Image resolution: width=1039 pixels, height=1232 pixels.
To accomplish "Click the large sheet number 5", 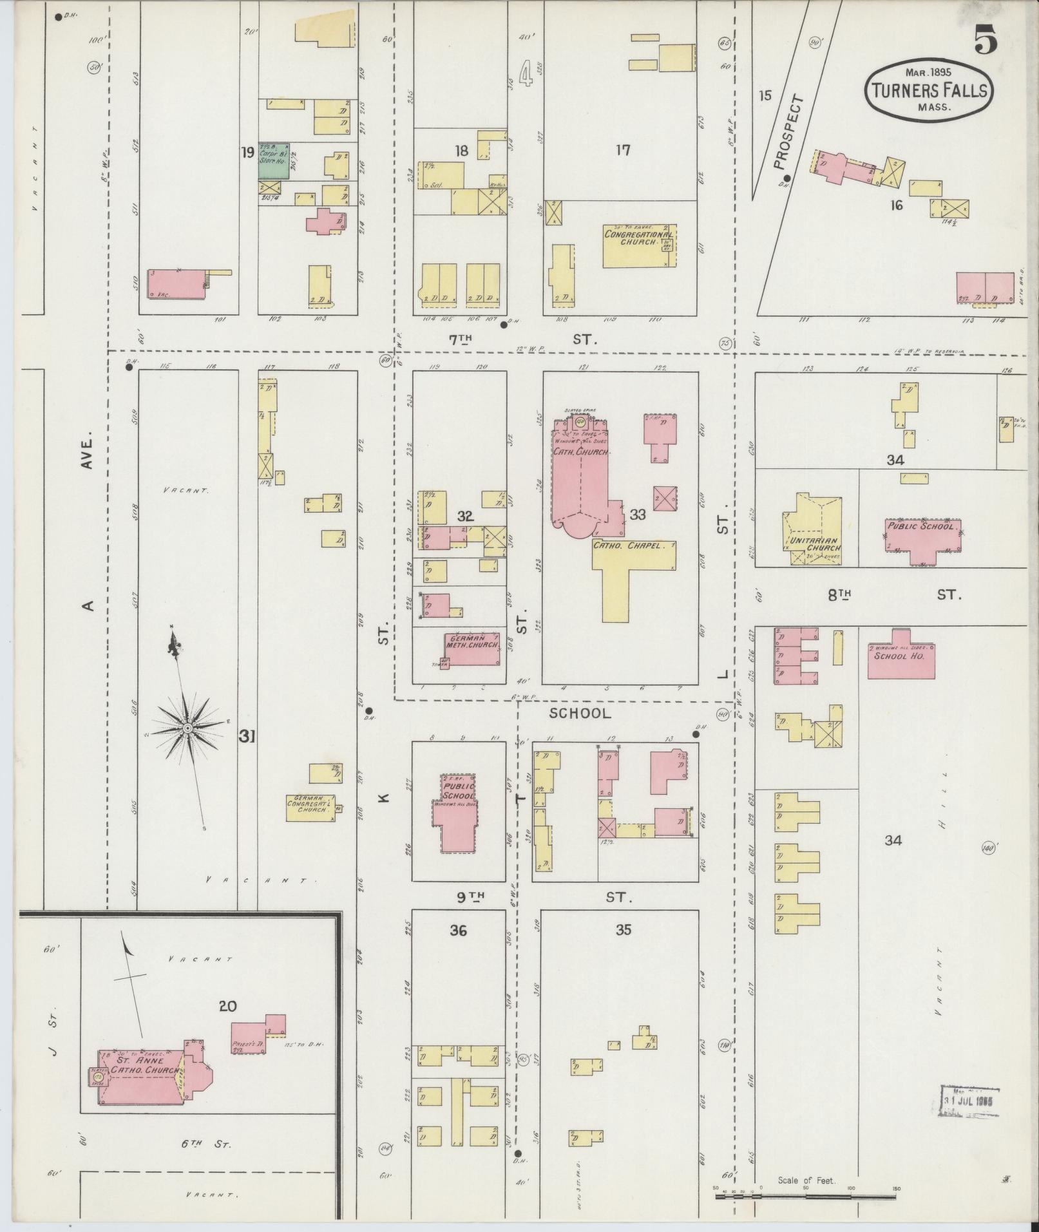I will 985,41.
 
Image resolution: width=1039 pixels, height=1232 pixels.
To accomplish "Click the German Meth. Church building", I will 472,650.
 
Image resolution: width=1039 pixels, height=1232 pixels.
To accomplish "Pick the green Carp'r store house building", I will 274,161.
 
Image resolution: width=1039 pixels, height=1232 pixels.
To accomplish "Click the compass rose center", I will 187,728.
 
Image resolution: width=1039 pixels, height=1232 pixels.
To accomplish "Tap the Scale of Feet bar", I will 805,1196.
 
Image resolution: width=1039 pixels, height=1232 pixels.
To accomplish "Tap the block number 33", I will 638,515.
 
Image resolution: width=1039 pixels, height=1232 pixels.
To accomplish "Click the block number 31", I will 247,736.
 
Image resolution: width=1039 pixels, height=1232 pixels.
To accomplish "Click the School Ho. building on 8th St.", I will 901,656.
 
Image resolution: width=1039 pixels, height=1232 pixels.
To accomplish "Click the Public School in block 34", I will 923,536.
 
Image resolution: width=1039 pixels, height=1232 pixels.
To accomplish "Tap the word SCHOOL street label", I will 580,713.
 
